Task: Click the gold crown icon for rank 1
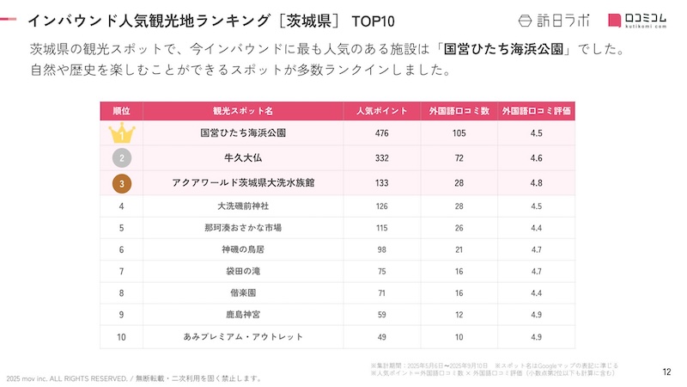pos(122,133)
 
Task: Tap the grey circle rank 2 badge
pos(122,158)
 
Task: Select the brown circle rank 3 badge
pos(122,183)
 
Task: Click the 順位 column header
pos(122,111)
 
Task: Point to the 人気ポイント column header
pos(381,111)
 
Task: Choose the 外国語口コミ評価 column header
pos(536,111)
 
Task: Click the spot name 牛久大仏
pos(243,158)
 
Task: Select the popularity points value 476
pos(381,133)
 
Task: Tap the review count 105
pos(459,133)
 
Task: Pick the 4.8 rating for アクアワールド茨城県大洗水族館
pos(536,183)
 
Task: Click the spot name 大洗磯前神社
pos(243,206)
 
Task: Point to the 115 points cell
pos(381,228)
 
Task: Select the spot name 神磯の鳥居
pos(243,249)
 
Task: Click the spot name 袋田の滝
pos(243,271)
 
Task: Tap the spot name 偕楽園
pos(243,292)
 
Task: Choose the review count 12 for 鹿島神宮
pos(459,314)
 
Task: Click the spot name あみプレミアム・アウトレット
pos(243,335)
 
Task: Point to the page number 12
pos(666,372)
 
